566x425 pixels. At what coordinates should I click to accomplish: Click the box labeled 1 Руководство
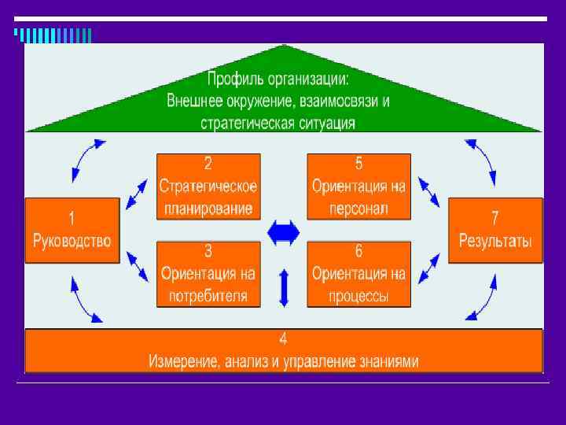coord(72,229)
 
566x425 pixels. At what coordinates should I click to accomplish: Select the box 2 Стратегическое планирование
coord(208,187)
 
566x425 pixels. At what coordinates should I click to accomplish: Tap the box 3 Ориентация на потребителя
coord(208,274)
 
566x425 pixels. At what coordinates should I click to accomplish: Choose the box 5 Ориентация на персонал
coord(358,187)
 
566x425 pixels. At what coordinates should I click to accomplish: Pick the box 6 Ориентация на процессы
coord(358,274)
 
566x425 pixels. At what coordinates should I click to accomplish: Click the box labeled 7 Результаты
coord(495,229)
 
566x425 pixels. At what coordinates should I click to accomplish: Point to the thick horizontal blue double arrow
coord(283,232)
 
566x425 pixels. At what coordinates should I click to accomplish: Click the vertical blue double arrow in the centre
coord(284,287)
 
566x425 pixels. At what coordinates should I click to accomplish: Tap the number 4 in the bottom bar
coord(283,340)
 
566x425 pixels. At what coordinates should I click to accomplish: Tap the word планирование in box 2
coord(208,209)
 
